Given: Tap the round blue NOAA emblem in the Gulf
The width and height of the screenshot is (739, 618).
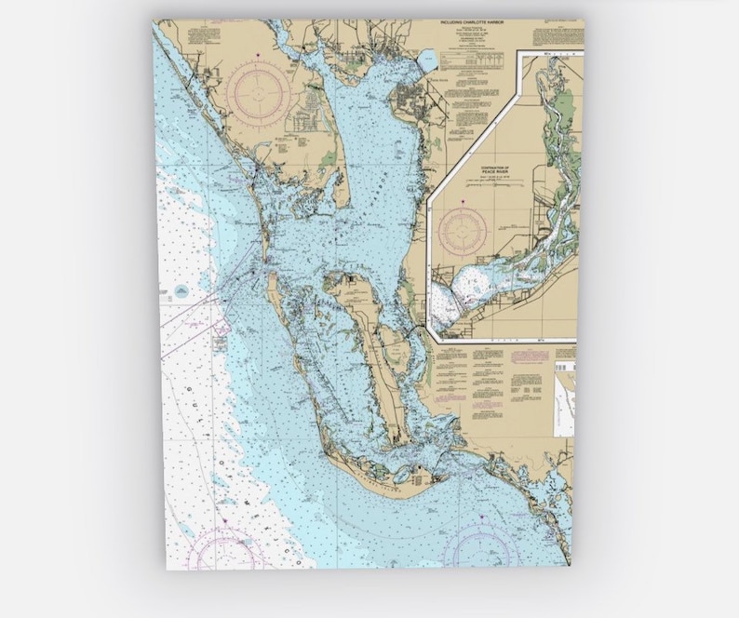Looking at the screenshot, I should tap(176, 292).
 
